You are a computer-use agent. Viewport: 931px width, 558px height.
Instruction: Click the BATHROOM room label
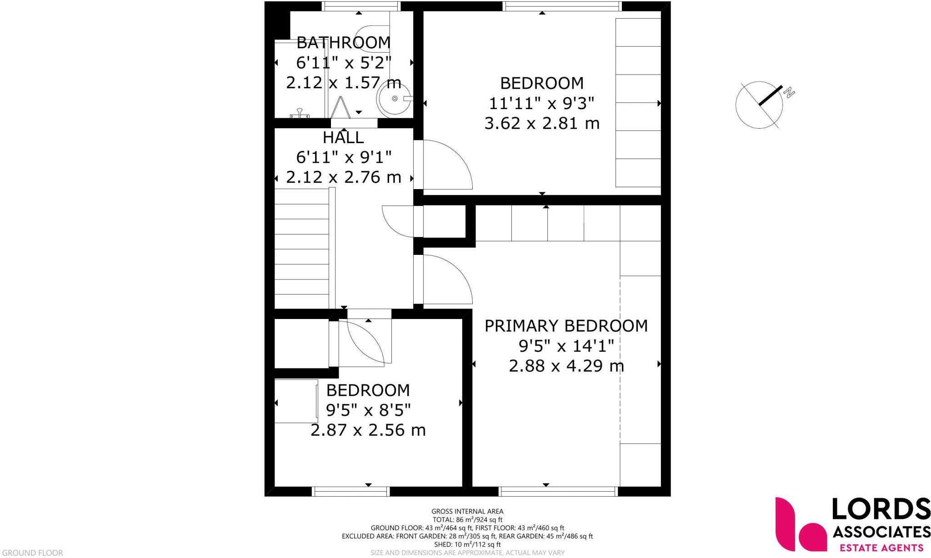[x=343, y=43]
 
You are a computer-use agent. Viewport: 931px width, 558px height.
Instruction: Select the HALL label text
[x=343, y=137]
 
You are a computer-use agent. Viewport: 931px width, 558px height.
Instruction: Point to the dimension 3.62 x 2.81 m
[x=542, y=123]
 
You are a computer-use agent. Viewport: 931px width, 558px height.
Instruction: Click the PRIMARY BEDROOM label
[x=566, y=326]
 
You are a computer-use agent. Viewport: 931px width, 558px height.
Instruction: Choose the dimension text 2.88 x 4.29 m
[x=566, y=366]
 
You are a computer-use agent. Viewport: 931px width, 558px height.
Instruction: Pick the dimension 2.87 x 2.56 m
[x=368, y=430]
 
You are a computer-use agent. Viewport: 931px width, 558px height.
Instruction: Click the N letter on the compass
[x=790, y=93]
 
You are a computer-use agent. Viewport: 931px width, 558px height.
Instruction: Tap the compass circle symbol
[x=759, y=105]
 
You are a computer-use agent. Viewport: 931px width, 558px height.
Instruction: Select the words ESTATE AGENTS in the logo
[x=881, y=548]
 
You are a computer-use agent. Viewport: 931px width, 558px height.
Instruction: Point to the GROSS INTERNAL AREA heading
[x=467, y=511]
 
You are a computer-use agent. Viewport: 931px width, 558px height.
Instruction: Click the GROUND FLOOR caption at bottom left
[x=32, y=553]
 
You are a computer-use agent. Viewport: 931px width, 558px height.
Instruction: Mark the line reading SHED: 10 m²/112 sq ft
[x=467, y=544]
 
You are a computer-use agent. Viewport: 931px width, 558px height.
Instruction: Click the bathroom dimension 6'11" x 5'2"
[x=343, y=63]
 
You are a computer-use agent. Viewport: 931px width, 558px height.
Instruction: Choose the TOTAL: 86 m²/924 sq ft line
[x=467, y=519]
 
